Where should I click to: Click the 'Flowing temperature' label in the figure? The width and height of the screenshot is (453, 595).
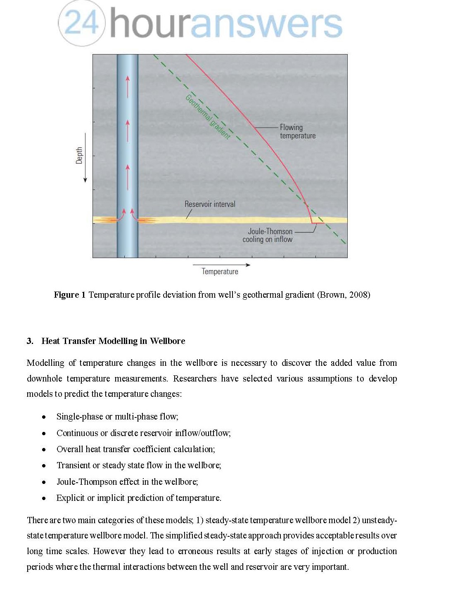pos(297,131)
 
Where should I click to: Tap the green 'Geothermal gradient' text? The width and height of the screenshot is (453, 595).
pos(208,117)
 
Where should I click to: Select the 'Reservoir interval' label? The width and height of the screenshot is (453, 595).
pos(210,204)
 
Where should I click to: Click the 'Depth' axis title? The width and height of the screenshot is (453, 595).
pos(79,155)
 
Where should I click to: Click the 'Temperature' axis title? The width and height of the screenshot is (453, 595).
pos(220,271)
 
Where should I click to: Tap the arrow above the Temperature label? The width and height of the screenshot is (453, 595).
pos(221,265)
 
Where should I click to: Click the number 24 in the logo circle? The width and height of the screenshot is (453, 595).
pos(82,22)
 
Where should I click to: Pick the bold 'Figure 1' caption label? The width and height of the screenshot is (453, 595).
pos(69,295)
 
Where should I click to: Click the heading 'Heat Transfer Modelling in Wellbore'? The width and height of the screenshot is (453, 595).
pos(113,341)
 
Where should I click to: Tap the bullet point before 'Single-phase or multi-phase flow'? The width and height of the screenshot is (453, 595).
pos(44,417)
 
